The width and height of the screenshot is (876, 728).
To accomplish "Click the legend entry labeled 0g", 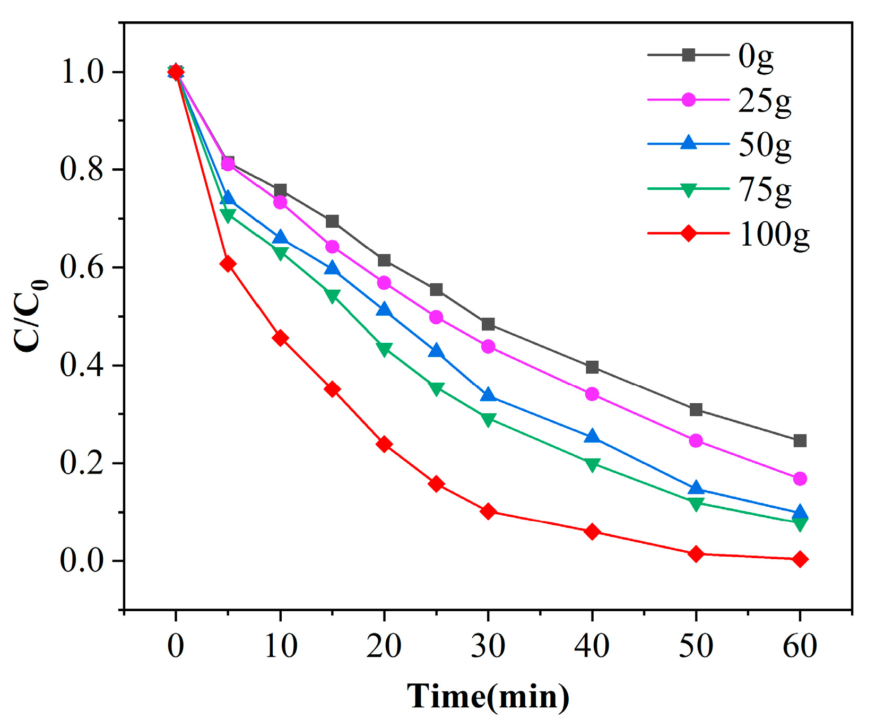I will [x=755, y=56].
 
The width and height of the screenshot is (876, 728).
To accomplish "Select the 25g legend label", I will [x=765, y=100].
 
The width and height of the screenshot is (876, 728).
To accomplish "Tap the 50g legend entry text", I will [x=765, y=145].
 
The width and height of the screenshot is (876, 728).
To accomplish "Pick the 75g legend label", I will [x=765, y=189].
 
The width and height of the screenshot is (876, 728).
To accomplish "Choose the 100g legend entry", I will [x=774, y=234].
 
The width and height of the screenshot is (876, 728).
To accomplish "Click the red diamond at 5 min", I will [x=228, y=264].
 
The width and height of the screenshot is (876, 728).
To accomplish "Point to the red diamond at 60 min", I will [x=800, y=559].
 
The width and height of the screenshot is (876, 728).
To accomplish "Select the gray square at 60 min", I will [x=800, y=441].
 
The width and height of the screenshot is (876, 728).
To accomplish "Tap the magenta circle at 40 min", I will [x=592, y=394].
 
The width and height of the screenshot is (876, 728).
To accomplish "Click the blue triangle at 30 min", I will [x=488, y=395].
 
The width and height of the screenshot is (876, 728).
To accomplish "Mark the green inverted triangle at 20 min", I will [x=384, y=349].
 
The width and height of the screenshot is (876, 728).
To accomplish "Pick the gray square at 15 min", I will [x=332, y=221].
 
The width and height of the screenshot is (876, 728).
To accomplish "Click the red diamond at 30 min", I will [x=488, y=512].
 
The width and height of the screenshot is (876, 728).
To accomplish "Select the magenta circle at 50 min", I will [x=696, y=441].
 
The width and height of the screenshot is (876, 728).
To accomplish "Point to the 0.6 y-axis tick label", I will [x=81, y=267].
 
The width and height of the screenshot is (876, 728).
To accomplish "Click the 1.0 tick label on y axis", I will [x=81, y=72].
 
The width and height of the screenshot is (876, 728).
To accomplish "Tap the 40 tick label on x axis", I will [x=592, y=646].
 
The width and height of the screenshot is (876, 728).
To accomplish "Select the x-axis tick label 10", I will [x=280, y=646].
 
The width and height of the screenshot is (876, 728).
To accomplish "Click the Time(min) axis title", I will [x=488, y=696].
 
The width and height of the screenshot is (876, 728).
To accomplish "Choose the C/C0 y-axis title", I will [x=30, y=316].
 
